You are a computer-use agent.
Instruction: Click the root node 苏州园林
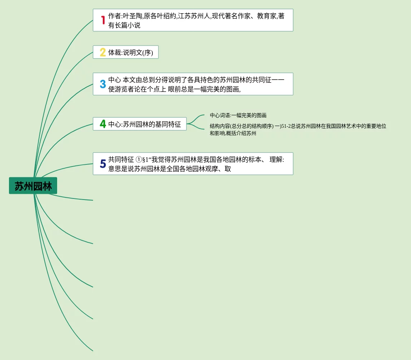[33, 186]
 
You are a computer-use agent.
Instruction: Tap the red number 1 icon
[103, 20]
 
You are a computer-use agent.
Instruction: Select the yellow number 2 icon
[103, 52]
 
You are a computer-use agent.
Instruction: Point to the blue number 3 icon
[103, 84]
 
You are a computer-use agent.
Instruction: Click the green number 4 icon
[103, 124]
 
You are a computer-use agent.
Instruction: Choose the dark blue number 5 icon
[103, 164]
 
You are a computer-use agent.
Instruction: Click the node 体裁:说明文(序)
[130, 52]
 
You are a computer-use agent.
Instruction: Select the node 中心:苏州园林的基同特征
[144, 124]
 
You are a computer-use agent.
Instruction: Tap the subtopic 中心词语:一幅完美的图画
[238, 115]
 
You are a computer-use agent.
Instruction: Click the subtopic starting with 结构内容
[298, 130]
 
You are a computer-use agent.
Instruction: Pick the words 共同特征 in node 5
[121, 160]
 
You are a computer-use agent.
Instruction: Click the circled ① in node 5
[139, 160]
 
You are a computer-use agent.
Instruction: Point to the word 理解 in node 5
[276, 160]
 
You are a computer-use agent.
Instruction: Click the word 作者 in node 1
[115, 16]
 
